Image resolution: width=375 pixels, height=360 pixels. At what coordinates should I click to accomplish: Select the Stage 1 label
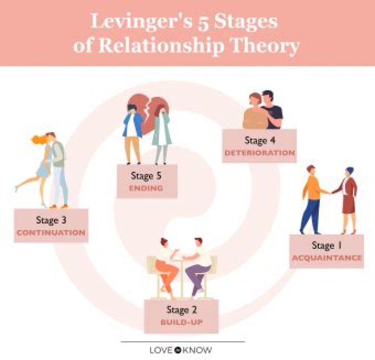tap(327, 245)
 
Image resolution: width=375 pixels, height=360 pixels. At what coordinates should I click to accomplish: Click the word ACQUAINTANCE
tap(327, 258)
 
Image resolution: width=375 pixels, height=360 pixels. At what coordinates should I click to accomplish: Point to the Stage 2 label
tap(181, 310)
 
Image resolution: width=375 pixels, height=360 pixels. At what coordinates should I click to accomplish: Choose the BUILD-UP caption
tap(181, 323)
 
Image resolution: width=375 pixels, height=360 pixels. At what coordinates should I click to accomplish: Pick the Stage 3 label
tap(51, 220)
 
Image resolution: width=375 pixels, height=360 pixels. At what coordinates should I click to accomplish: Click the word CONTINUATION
tap(51, 233)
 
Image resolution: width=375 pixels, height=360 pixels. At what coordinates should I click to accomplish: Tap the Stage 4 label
tap(259, 140)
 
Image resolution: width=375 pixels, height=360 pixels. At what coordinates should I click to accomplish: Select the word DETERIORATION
tap(259, 153)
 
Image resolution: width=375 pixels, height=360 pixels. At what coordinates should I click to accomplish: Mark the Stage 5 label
tap(147, 175)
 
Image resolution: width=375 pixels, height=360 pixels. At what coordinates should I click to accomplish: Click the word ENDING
tap(147, 188)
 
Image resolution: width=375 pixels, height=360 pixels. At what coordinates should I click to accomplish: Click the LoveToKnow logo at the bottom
tap(181, 350)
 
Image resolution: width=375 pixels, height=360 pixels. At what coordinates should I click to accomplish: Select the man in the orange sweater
tap(311, 198)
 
